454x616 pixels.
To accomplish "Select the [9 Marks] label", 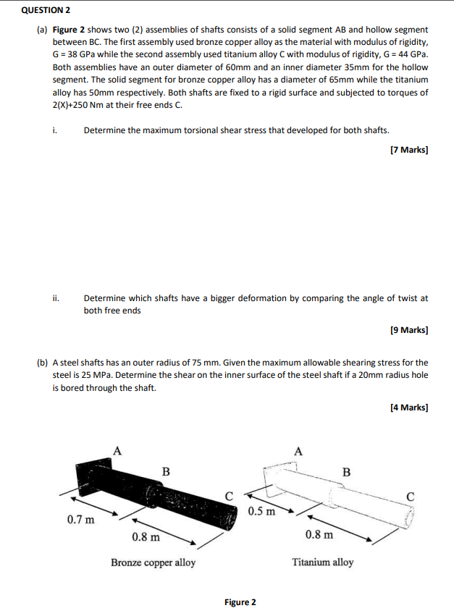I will click(408, 330).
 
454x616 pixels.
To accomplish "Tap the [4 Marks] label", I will click(408, 408).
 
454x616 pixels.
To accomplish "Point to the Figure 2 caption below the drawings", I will click(240, 602).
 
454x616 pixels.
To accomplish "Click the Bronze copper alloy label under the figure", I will click(153, 562).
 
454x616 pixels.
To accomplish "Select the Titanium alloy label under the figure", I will click(323, 562).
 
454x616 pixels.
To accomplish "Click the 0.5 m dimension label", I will click(261, 512).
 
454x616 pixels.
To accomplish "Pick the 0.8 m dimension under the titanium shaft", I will click(319, 536).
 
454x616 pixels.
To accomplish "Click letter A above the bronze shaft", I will click(117, 450).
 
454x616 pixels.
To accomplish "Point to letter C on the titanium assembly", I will click(411, 497).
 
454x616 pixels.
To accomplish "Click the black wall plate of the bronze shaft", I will click(91, 477).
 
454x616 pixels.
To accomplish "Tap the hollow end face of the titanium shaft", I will click(410, 515).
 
